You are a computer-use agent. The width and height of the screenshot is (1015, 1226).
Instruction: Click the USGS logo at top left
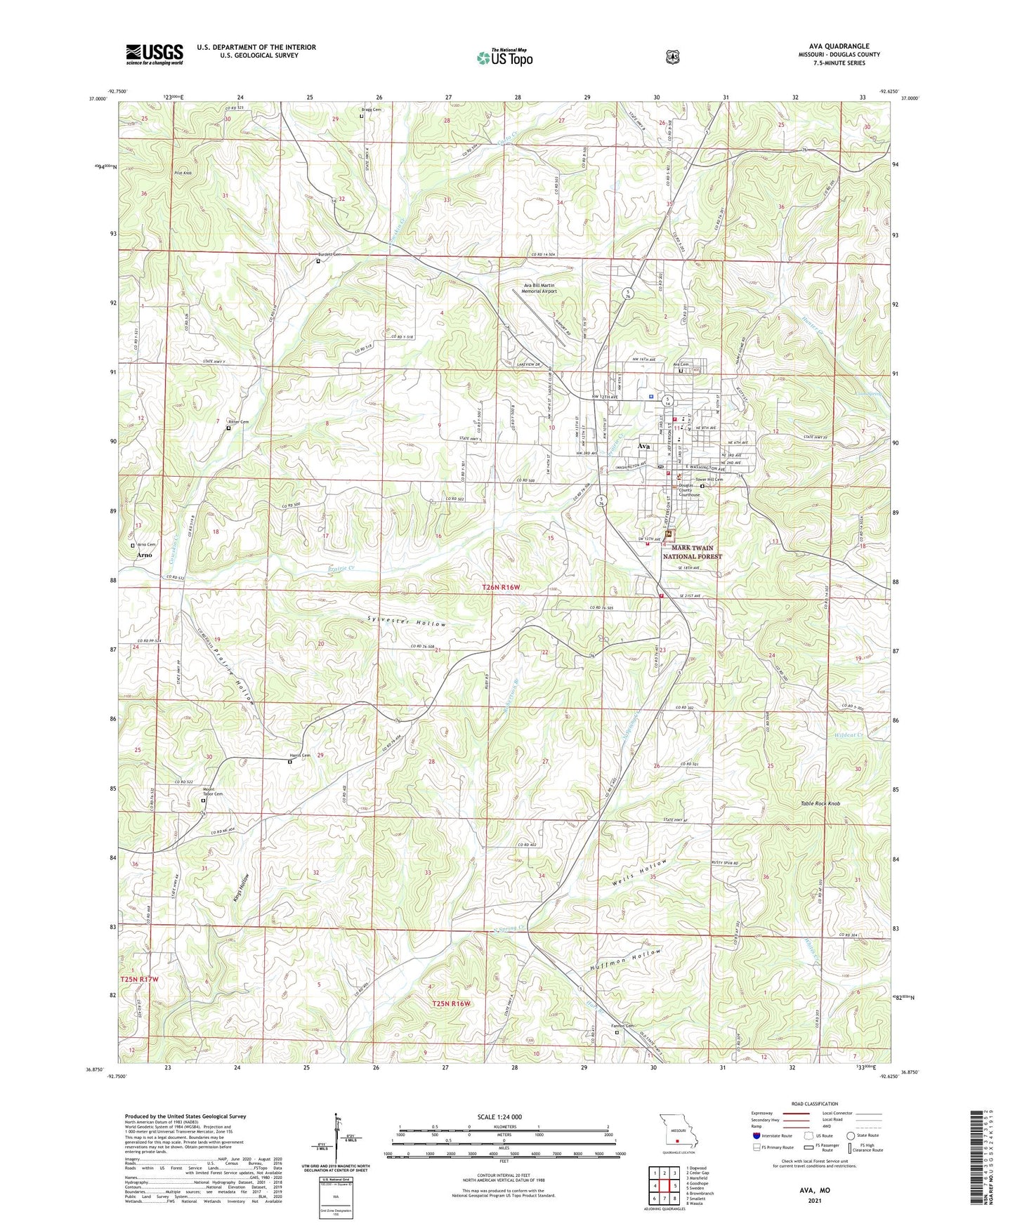pyautogui.click(x=154, y=54)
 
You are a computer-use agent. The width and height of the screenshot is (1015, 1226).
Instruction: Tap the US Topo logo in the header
pyautogui.click(x=504, y=58)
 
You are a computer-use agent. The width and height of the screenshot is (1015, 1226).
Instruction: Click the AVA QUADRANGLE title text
pyautogui.click(x=839, y=46)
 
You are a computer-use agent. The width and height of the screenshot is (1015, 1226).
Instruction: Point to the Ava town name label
pyautogui.click(x=643, y=446)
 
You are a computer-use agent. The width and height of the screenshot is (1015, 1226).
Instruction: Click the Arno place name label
pyautogui.click(x=143, y=555)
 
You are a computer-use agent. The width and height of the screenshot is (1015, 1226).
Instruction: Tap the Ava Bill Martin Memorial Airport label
pyautogui.click(x=539, y=288)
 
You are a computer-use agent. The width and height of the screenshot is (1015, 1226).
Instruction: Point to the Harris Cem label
pyautogui.click(x=300, y=756)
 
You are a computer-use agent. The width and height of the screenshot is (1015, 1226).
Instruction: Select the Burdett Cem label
pyautogui.click(x=327, y=255)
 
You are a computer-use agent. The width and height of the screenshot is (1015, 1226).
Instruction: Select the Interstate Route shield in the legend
pyautogui.click(x=756, y=1135)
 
